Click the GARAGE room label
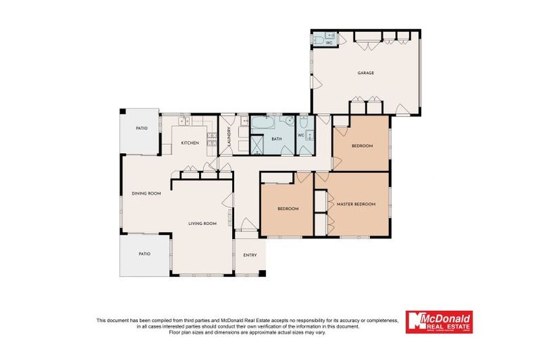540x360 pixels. [365, 73]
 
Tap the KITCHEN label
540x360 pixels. [190, 143]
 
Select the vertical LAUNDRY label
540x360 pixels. [229, 137]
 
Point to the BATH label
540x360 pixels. [276, 139]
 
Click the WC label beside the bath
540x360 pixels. [301, 135]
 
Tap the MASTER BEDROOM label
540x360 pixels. [356, 205]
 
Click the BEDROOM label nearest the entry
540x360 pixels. [288, 209]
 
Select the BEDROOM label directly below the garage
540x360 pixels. [362, 146]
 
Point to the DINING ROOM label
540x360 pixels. [146, 193]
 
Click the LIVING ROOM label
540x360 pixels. [202, 224]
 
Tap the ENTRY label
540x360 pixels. [250, 255]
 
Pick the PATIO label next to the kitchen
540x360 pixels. [142, 128]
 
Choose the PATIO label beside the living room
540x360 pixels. [144, 254]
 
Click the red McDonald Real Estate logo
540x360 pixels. [439, 322]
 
